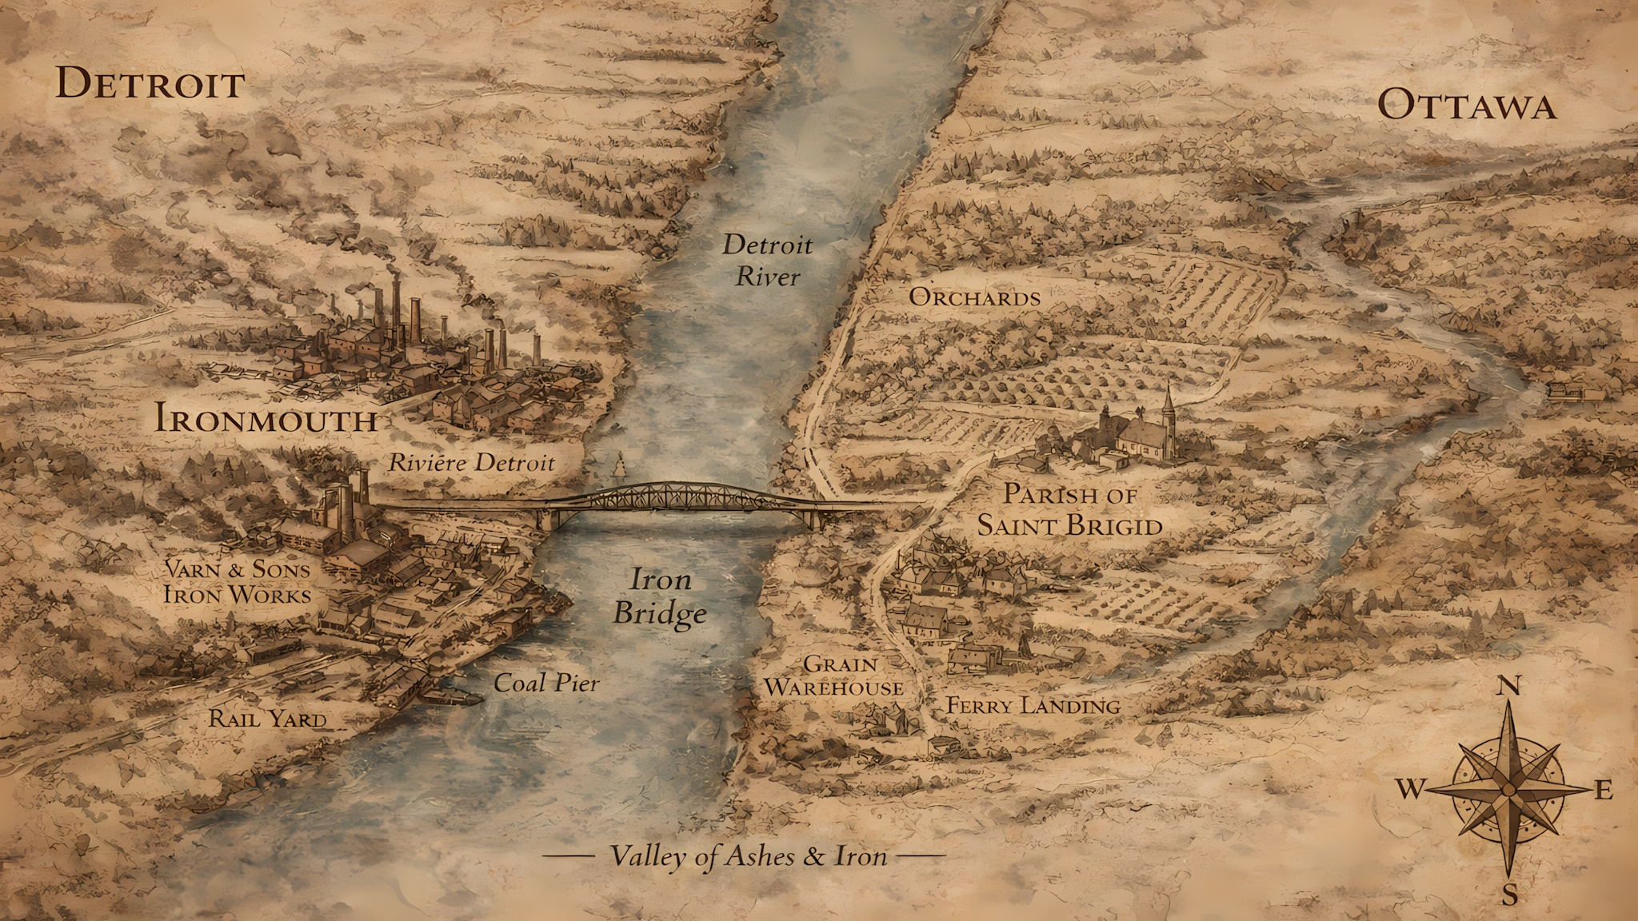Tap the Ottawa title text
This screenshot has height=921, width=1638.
tap(1468, 106)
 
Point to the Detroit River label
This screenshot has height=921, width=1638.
tap(767, 261)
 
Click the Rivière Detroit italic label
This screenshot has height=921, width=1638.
tap(471, 462)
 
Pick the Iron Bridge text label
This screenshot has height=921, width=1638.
tap(660, 596)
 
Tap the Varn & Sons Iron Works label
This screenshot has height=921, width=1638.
tap(238, 581)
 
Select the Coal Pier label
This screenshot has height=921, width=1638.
tap(545, 683)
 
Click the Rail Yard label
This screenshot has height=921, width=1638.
tap(268, 719)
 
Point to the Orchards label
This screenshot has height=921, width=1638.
tap(974, 297)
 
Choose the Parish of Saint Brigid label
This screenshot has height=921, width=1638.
tap(1069, 510)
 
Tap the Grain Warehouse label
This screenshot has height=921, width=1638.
tap(833, 676)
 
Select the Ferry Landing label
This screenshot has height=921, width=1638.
tap(1033, 706)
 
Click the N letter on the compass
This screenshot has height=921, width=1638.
tap(1508, 686)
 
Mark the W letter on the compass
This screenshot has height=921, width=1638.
tap(1411, 790)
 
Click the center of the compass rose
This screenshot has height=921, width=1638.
tap(1508, 790)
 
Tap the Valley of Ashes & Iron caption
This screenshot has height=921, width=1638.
tap(748, 856)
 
